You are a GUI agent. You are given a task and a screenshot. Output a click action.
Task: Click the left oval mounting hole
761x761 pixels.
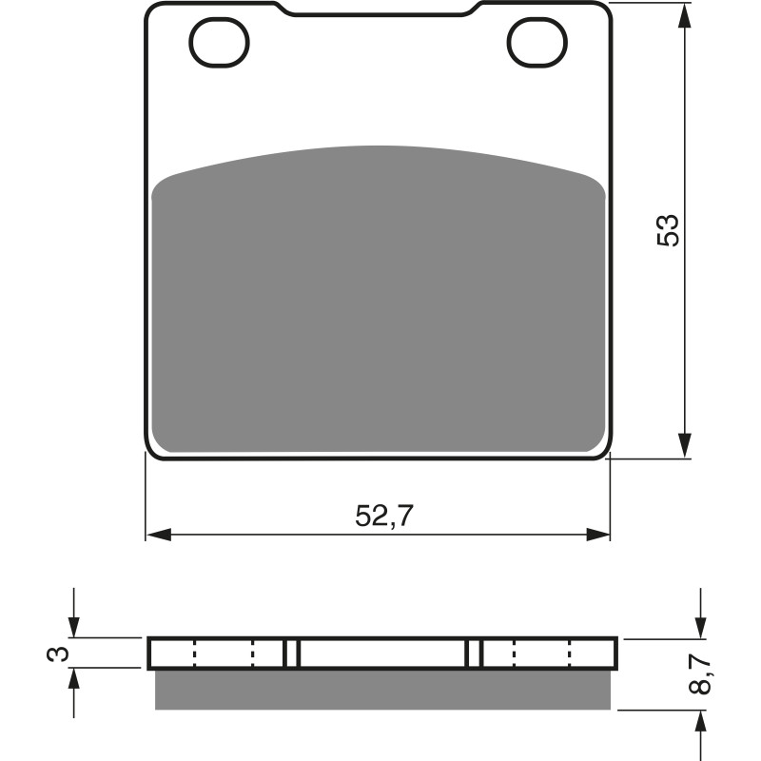(x=219, y=43)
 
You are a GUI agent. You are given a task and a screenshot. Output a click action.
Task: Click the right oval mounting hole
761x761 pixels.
(x=537, y=43)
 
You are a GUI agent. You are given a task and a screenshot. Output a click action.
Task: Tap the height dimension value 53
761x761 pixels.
(x=669, y=230)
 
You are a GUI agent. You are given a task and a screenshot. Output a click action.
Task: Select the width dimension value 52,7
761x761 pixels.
(x=385, y=516)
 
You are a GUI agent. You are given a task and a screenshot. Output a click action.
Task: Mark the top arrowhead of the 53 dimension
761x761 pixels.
(x=683, y=15)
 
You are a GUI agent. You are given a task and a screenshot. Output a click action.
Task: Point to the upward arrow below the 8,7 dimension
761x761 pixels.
(x=700, y=723)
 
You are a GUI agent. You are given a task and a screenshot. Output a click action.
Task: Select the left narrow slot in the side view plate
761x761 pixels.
(x=292, y=654)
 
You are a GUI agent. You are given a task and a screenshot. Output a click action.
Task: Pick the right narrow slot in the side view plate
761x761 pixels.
(x=474, y=654)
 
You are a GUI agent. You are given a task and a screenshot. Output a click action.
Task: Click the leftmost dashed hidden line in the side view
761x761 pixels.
(x=194, y=654)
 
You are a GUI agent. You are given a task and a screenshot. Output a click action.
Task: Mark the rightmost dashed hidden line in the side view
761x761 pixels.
(x=569, y=654)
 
